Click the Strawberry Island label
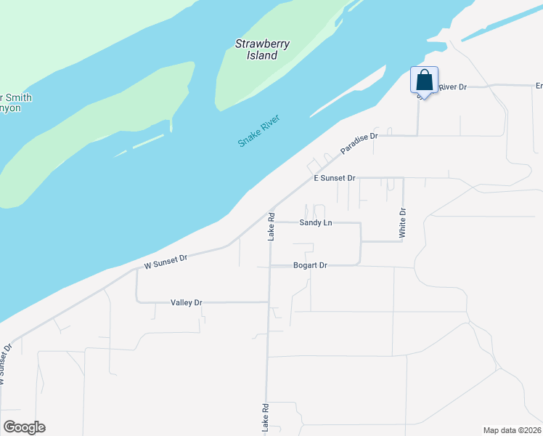262,49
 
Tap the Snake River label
259,131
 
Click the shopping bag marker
424,80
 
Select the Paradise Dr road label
359,142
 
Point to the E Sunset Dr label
334,178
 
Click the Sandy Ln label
316,222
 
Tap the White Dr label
403,223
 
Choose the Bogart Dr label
310,266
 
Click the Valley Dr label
186,302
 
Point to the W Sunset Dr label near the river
166,262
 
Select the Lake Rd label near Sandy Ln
270,226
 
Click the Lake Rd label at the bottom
265,419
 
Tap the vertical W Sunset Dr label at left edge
6,363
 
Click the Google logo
24,427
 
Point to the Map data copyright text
513,430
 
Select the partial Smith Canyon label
16,102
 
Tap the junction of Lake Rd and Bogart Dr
269,266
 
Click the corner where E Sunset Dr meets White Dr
403,178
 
